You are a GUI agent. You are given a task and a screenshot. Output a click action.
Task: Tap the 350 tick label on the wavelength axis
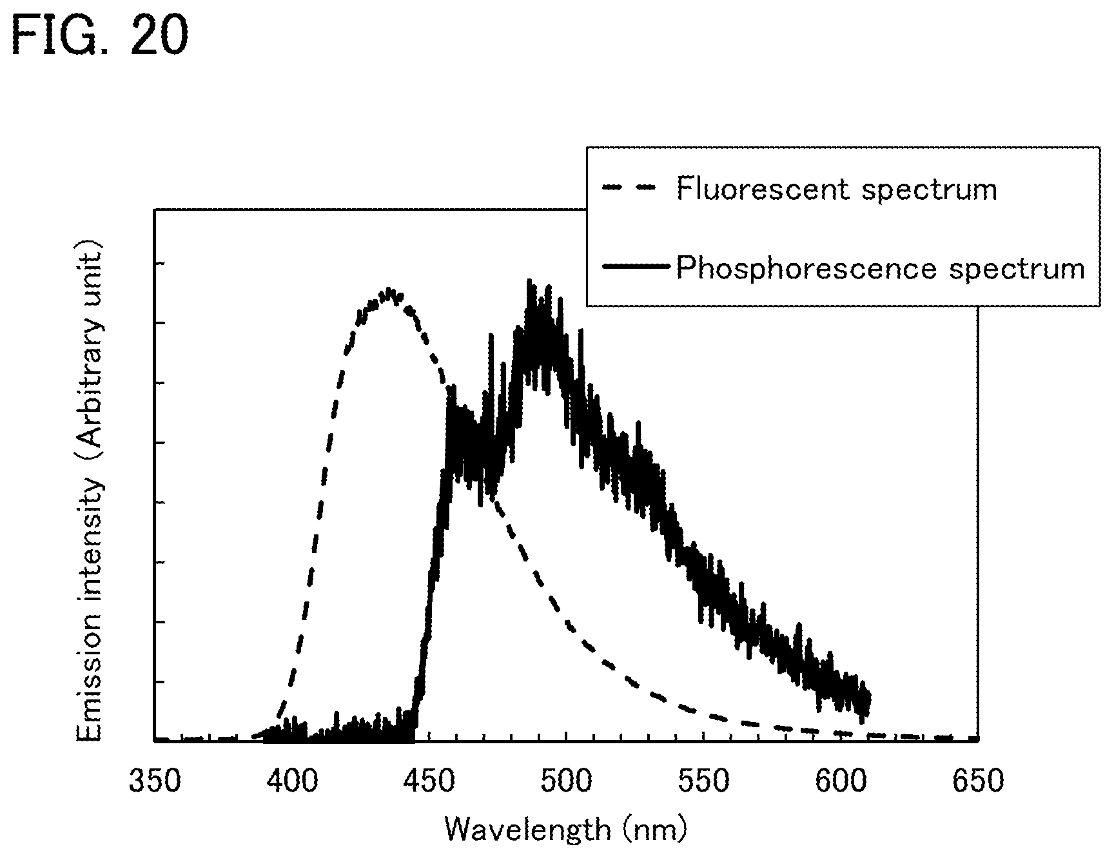tap(155, 781)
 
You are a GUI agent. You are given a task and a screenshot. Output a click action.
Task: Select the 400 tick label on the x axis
tap(292, 781)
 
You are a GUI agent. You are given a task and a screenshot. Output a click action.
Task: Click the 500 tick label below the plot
tap(566, 781)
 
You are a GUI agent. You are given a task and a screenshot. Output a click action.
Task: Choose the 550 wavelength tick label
tap(703, 781)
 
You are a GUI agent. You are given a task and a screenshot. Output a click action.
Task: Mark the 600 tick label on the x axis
tap(841, 781)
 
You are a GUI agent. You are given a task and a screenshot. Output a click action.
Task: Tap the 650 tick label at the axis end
tap(977, 781)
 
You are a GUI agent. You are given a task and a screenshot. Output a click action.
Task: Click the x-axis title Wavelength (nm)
tap(566, 829)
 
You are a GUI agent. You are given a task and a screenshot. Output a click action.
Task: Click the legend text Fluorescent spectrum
tap(836, 189)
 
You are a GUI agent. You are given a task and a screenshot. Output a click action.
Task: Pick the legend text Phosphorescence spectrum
tap(880, 268)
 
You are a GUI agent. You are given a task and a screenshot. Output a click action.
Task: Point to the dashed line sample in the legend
tap(628, 188)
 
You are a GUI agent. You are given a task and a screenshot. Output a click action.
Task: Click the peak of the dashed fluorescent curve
tap(389, 289)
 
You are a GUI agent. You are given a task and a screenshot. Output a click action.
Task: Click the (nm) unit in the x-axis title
tap(655, 829)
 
